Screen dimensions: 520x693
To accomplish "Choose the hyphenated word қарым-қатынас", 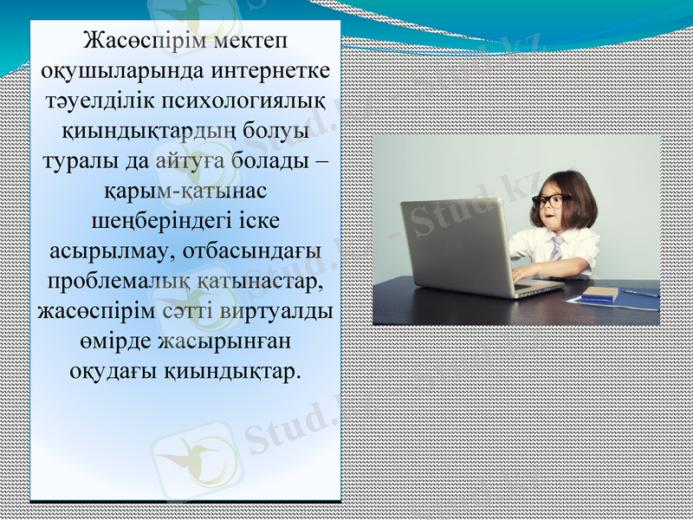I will tap(185, 190).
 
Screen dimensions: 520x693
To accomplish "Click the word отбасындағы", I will tap(250, 250).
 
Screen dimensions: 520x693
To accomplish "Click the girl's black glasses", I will tap(551, 200).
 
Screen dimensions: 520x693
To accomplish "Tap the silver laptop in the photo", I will tap(459, 247).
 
